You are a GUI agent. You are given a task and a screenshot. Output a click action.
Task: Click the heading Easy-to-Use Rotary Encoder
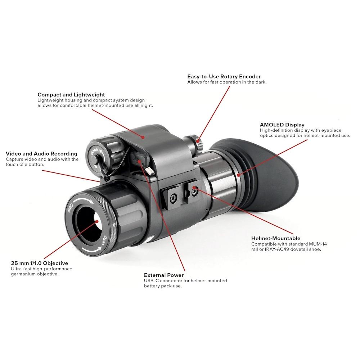(224, 76)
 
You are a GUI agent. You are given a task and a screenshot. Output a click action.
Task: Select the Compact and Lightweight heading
(71, 95)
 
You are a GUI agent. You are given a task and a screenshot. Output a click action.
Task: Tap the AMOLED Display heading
(282, 125)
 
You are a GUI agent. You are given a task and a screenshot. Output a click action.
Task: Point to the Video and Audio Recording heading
(41, 154)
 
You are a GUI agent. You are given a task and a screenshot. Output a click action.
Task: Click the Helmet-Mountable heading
(276, 238)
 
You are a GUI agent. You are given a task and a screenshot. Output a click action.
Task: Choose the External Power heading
(164, 275)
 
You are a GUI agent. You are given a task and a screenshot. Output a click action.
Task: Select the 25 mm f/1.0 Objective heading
(40, 263)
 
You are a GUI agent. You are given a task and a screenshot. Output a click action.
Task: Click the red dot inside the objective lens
(97, 221)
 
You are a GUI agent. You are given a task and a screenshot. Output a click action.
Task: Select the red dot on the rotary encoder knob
(198, 141)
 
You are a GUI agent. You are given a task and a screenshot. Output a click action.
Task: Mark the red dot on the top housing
(143, 137)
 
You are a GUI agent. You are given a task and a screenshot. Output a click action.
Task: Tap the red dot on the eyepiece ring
(239, 175)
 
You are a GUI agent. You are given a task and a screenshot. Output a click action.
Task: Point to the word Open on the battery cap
(94, 152)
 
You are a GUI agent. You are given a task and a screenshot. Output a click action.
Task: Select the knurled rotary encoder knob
(197, 142)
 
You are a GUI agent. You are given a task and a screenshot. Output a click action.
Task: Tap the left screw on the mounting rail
(174, 197)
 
